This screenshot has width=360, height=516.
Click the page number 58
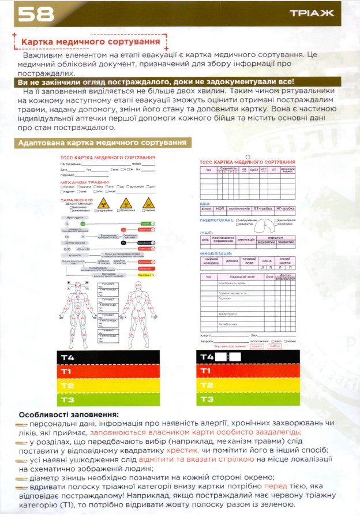pos(36,14)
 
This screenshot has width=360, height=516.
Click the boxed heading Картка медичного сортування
pos(90,43)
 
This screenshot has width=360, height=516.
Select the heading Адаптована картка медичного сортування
pos(103,143)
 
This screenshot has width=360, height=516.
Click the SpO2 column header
pos(254,170)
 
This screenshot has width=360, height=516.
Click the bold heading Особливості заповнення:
pos(69,414)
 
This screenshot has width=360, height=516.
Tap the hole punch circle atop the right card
pos(247,156)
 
